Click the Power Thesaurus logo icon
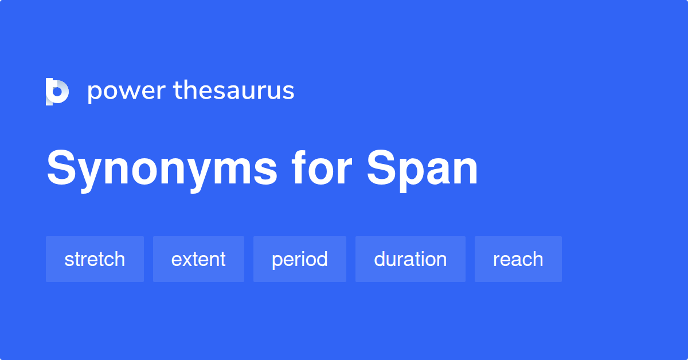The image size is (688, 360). [x=57, y=91]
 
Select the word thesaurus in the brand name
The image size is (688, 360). [x=234, y=91]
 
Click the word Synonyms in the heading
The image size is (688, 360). [x=162, y=170]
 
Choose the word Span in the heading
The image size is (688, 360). [x=423, y=170]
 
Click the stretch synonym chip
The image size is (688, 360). [x=95, y=259]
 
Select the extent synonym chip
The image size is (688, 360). [x=198, y=259]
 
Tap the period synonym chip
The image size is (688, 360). [x=300, y=259]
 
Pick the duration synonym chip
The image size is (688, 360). [x=411, y=259]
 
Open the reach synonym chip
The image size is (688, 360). [x=518, y=259]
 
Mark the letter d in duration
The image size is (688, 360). [x=380, y=259]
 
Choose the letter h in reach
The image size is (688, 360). [x=537, y=259]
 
